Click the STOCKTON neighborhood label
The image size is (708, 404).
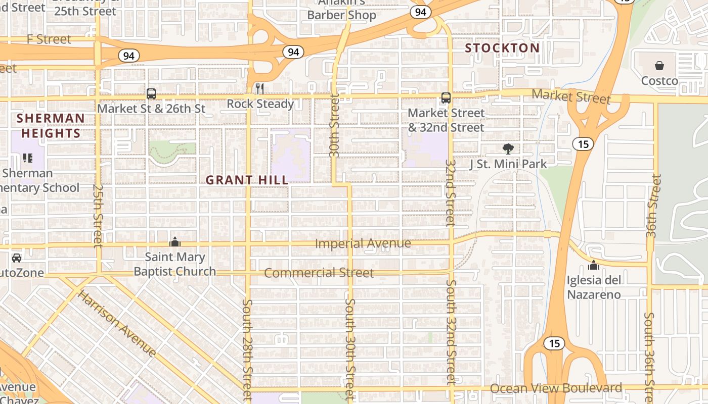click(x=502, y=48)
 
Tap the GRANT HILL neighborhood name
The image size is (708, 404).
click(x=247, y=180)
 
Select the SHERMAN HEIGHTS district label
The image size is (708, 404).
click(x=51, y=126)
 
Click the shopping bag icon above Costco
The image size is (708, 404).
click(x=659, y=66)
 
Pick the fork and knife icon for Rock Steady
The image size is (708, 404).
click(x=260, y=89)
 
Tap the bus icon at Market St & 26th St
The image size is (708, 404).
click(x=151, y=93)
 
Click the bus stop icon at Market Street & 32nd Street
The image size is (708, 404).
click(x=446, y=98)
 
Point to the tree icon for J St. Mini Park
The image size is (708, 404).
click(x=508, y=148)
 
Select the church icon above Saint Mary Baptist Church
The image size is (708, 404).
click(x=175, y=242)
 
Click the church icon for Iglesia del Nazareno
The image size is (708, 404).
click(x=594, y=265)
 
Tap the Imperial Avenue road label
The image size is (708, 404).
click(x=363, y=243)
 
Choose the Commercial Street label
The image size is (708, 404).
click(x=319, y=273)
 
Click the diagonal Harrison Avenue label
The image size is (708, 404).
click(x=117, y=323)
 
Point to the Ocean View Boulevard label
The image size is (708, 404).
click(x=556, y=388)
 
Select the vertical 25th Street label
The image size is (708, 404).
click(x=98, y=215)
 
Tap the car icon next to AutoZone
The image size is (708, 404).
click(x=17, y=258)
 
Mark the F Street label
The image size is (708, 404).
click(x=49, y=39)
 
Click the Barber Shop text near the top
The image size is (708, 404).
click(x=342, y=15)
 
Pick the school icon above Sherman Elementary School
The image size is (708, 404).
click(x=28, y=158)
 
